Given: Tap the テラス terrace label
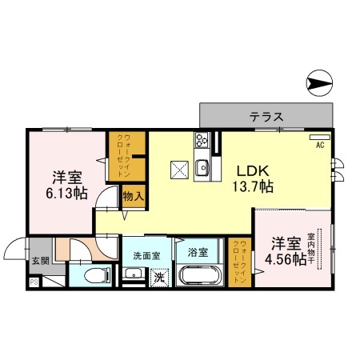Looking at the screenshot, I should (x=266, y=116).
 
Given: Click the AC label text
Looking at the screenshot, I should (x=319, y=145).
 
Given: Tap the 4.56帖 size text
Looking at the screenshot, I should (x=286, y=258).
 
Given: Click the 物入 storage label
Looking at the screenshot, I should (x=133, y=194).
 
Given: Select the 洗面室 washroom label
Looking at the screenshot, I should (x=146, y=254).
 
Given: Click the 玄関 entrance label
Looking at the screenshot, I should (x=18, y=260).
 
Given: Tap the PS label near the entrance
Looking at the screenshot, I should (x=34, y=282).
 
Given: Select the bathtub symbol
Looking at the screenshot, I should (x=201, y=278).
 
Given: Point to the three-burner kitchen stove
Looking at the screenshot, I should (x=201, y=143).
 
